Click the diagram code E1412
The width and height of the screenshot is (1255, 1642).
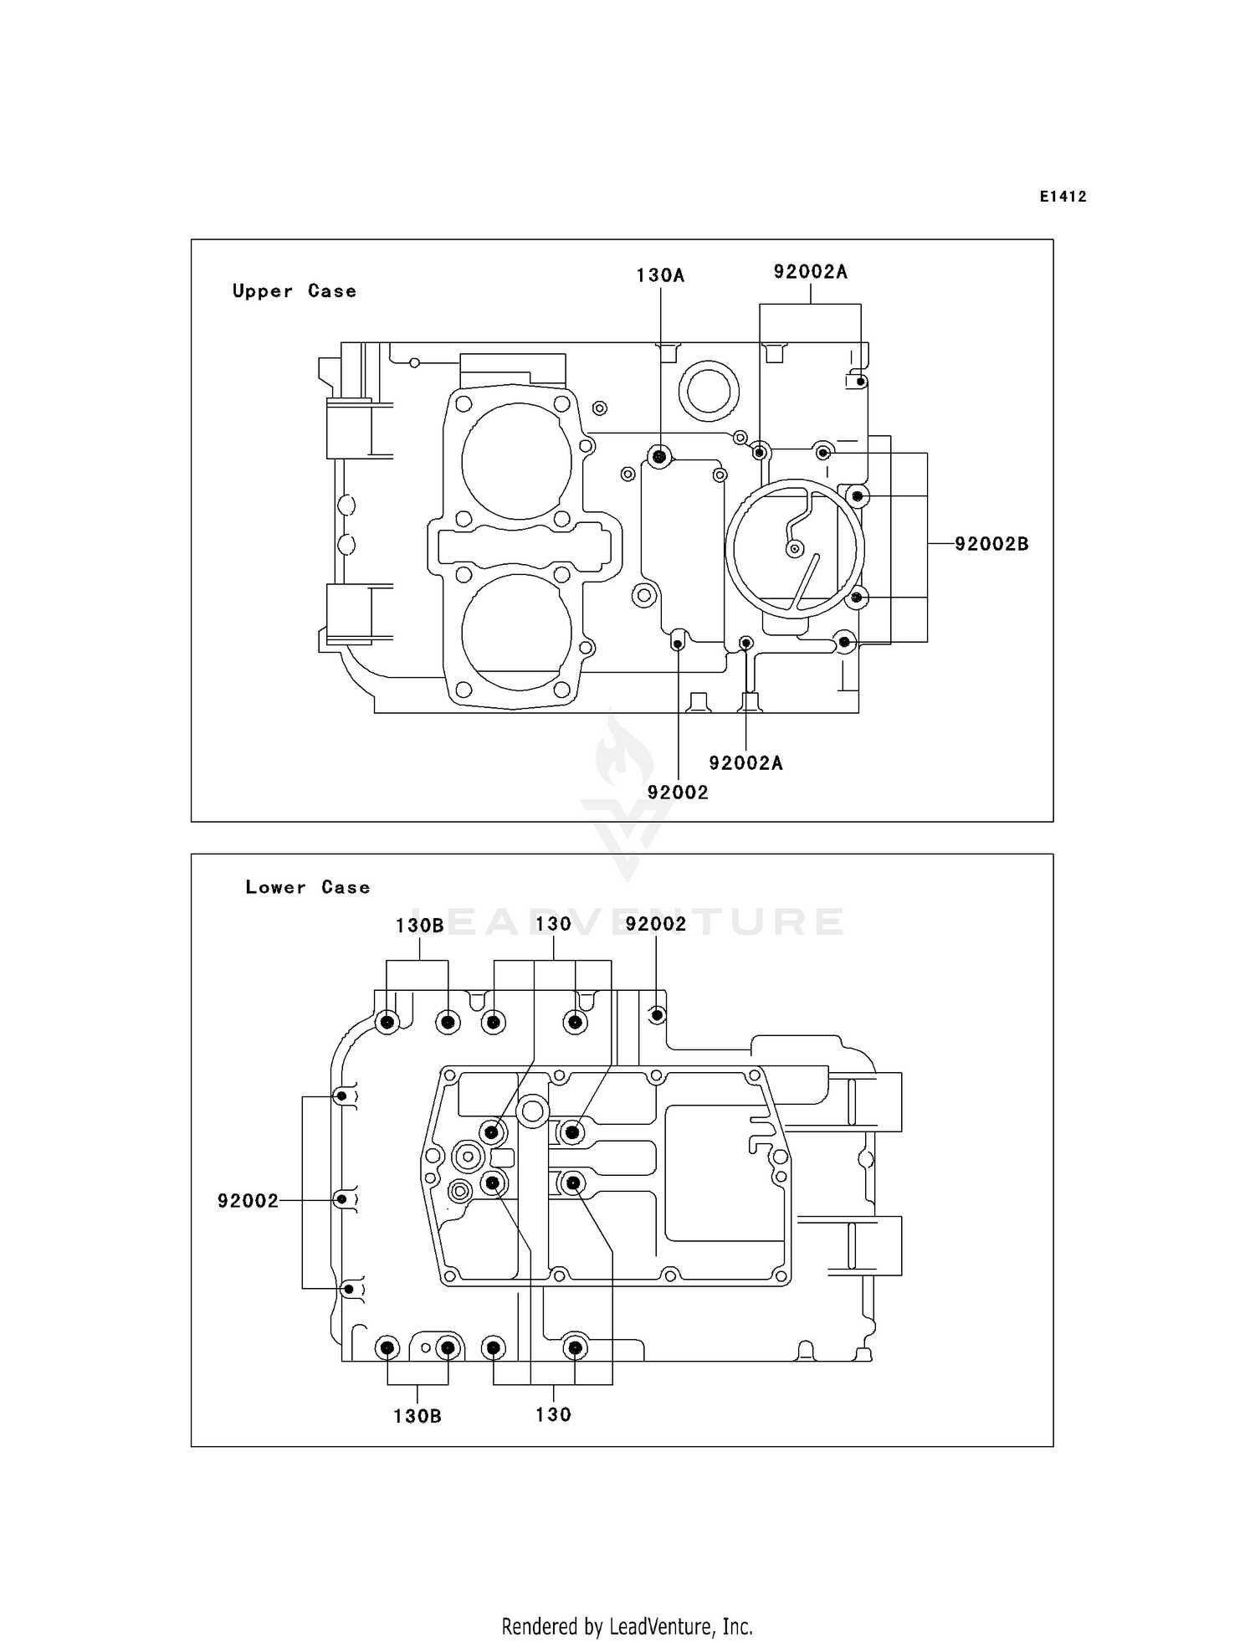pos(1063,197)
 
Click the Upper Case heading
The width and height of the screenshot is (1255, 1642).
pos(294,291)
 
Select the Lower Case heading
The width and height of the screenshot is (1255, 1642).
pos(307,887)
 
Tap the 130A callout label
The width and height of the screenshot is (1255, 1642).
pos(660,275)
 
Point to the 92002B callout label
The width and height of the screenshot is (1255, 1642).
pos(991,544)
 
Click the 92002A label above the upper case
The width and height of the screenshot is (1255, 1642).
pos(810,271)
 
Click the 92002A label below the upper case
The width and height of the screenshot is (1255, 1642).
pos(745,762)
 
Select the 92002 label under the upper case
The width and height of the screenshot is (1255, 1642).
pos(678,792)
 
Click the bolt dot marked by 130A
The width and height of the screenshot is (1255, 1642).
pos(660,456)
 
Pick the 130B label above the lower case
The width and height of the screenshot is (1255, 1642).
pos(419,926)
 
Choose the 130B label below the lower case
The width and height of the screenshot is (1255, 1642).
pos(417,1416)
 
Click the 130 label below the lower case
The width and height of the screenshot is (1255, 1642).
pos(553,1414)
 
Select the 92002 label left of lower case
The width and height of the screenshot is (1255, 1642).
pos(248,1201)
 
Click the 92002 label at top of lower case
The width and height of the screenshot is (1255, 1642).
pos(656,924)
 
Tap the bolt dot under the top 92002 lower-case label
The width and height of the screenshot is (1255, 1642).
pos(658,1015)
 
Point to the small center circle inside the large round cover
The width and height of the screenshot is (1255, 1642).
pos(795,548)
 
